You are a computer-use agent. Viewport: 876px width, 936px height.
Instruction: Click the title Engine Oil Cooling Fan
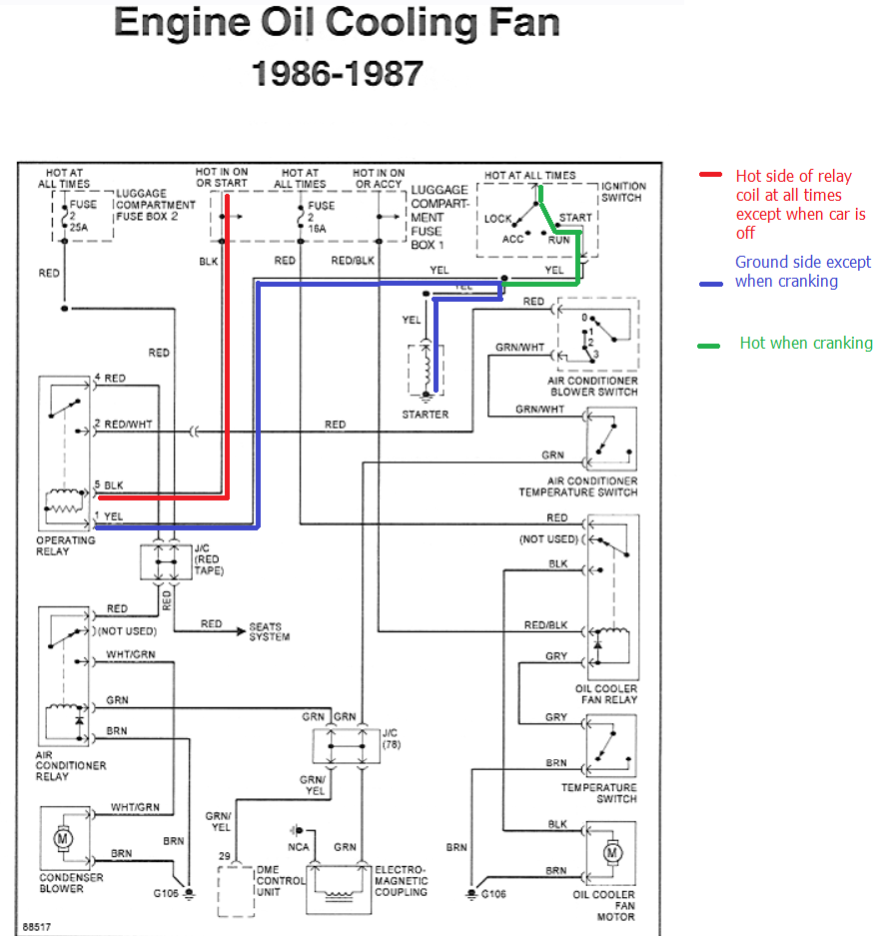[337, 24]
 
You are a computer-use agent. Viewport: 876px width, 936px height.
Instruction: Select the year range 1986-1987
[337, 72]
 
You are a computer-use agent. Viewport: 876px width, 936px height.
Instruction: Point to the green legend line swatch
[709, 346]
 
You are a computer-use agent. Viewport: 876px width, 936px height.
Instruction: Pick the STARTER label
[426, 414]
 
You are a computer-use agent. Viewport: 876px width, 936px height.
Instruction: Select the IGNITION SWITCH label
[623, 192]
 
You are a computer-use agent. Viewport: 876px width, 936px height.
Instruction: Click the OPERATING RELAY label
[66, 545]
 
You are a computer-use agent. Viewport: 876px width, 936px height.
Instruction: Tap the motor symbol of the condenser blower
[63, 839]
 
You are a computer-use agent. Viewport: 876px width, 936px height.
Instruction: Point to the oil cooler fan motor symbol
[612, 853]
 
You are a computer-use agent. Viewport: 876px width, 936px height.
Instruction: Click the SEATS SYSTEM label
[270, 631]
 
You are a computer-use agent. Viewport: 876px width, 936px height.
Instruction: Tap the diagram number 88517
[38, 926]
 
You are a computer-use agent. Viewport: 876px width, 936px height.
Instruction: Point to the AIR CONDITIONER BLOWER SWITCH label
[592, 387]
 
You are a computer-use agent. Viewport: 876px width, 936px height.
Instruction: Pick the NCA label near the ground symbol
[300, 847]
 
